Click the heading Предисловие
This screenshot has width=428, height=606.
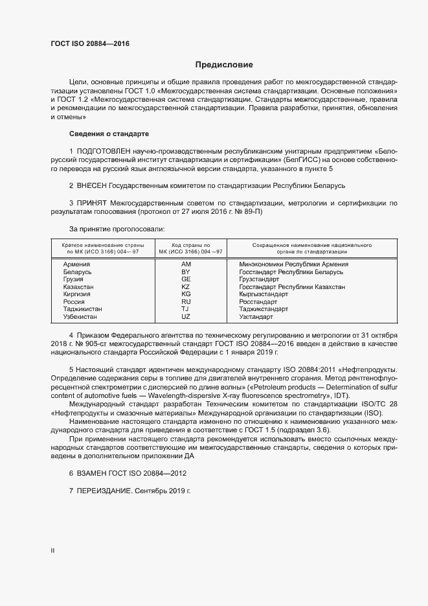click(224, 65)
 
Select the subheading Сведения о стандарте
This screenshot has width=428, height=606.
click(109, 134)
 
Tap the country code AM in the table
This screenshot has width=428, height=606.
click(186, 264)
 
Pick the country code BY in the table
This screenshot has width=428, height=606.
click(186, 272)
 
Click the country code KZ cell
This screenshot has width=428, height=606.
click(186, 287)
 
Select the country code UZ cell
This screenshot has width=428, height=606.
click(186, 317)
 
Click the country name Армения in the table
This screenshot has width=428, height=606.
click(76, 264)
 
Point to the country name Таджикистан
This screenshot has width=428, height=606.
click(83, 310)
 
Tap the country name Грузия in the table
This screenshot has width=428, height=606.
click(74, 279)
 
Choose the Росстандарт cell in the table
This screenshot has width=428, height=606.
click(258, 302)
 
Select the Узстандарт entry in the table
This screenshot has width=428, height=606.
click(256, 317)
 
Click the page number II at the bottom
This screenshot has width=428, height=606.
click(52, 550)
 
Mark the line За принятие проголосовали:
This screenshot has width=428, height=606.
click(117, 229)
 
